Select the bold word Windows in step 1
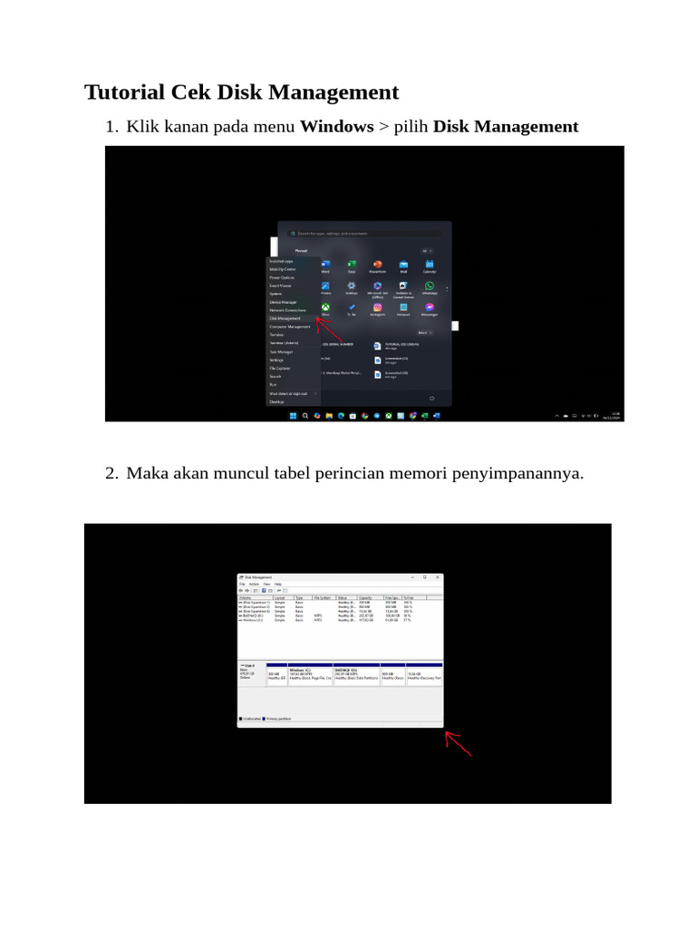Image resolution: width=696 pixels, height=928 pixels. pyautogui.click(x=336, y=127)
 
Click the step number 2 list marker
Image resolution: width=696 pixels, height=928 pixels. pyautogui.click(x=111, y=473)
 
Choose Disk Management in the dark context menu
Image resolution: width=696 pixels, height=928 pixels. pyautogui.click(x=285, y=318)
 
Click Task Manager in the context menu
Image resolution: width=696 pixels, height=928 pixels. pyautogui.click(x=281, y=352)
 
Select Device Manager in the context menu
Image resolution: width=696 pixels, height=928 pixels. pyautogui.click(x=283, y=302)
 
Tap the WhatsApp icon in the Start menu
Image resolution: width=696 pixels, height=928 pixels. pyautogui.click(x=430, y=285)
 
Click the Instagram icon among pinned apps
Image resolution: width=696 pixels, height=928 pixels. pyautogui.click(x=377, y=308)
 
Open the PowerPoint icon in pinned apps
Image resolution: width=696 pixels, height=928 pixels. pyautogui.click(x=377, y=264)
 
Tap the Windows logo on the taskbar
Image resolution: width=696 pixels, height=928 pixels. pyautogui.click(x=293, y=416)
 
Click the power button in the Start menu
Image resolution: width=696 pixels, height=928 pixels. pyautogui.click(x=432, y=398)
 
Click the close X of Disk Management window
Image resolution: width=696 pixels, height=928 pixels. pyautogui.click(x=438, y=577)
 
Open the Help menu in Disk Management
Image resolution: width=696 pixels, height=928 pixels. pyautogui.click(x=278, y=585)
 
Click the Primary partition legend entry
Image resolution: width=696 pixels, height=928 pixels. pyautogui.click(x=277, y=718)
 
